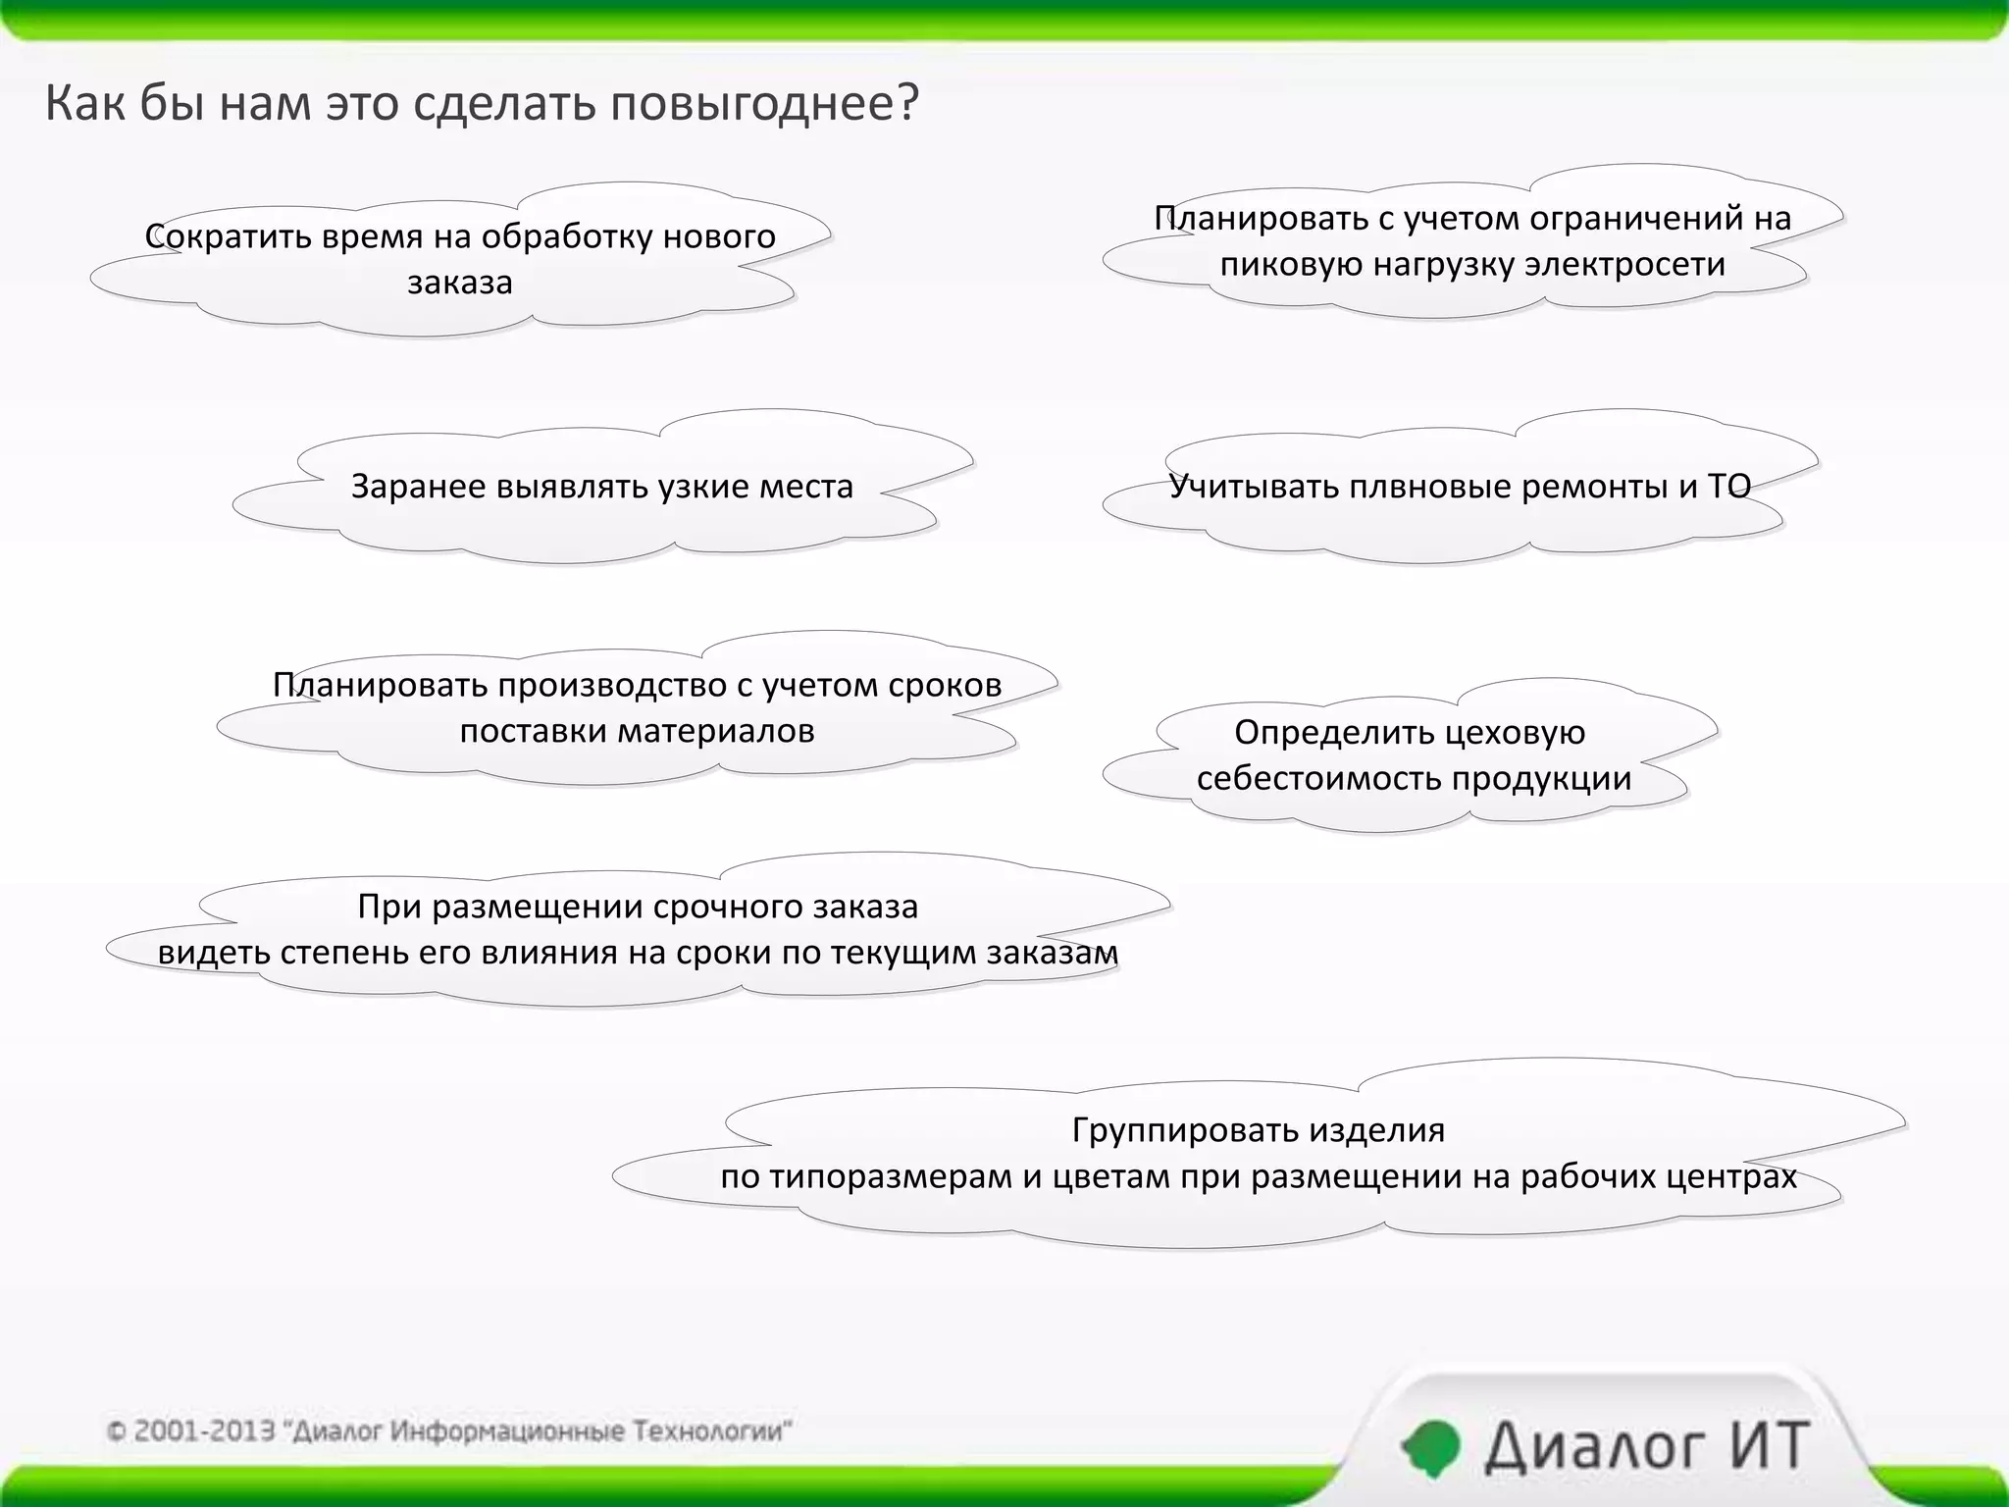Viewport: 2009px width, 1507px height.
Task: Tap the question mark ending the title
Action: tap(906, 103)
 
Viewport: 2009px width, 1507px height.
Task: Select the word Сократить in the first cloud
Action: tap(215, 236)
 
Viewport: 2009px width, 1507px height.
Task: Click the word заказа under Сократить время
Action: tap(460, 283)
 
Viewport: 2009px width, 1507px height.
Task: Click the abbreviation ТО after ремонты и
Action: tap(1729, 487)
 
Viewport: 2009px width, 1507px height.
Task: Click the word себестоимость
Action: tap(1318, 779)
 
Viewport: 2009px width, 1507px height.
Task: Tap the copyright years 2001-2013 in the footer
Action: tap(204, 1431)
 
